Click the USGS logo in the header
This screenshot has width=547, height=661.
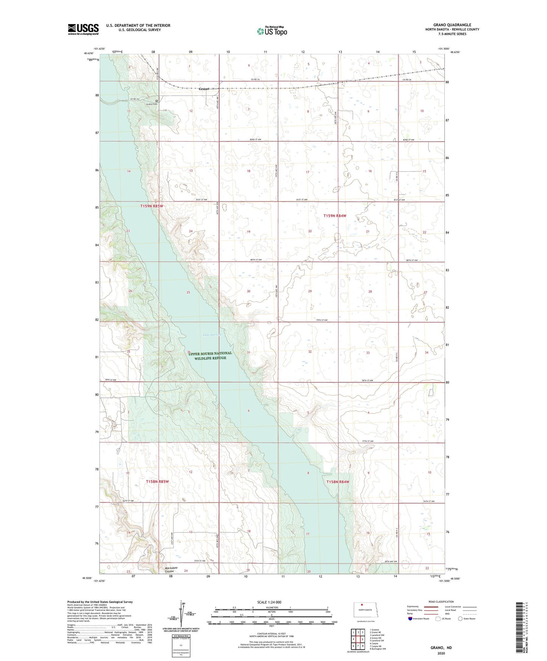click(83, 29)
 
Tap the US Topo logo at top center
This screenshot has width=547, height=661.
click(272, 31)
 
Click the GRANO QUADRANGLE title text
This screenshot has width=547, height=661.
click(452, 25)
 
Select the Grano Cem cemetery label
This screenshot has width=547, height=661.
click(152, 103)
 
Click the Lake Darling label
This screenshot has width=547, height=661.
click(212, 335)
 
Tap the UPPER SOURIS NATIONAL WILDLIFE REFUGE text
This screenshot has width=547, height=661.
click(210, 355)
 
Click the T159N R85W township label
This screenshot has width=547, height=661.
click(151, 206)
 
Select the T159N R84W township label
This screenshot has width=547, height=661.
click(335, 216)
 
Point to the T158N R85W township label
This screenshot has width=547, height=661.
click(157, 482)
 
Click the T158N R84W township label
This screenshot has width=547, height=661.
click(338, 482)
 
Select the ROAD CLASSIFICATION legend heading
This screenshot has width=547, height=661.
click(441, 602)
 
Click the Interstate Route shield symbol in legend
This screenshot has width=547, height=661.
click(411, 619)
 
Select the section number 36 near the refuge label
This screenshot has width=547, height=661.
click(189, 352)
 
